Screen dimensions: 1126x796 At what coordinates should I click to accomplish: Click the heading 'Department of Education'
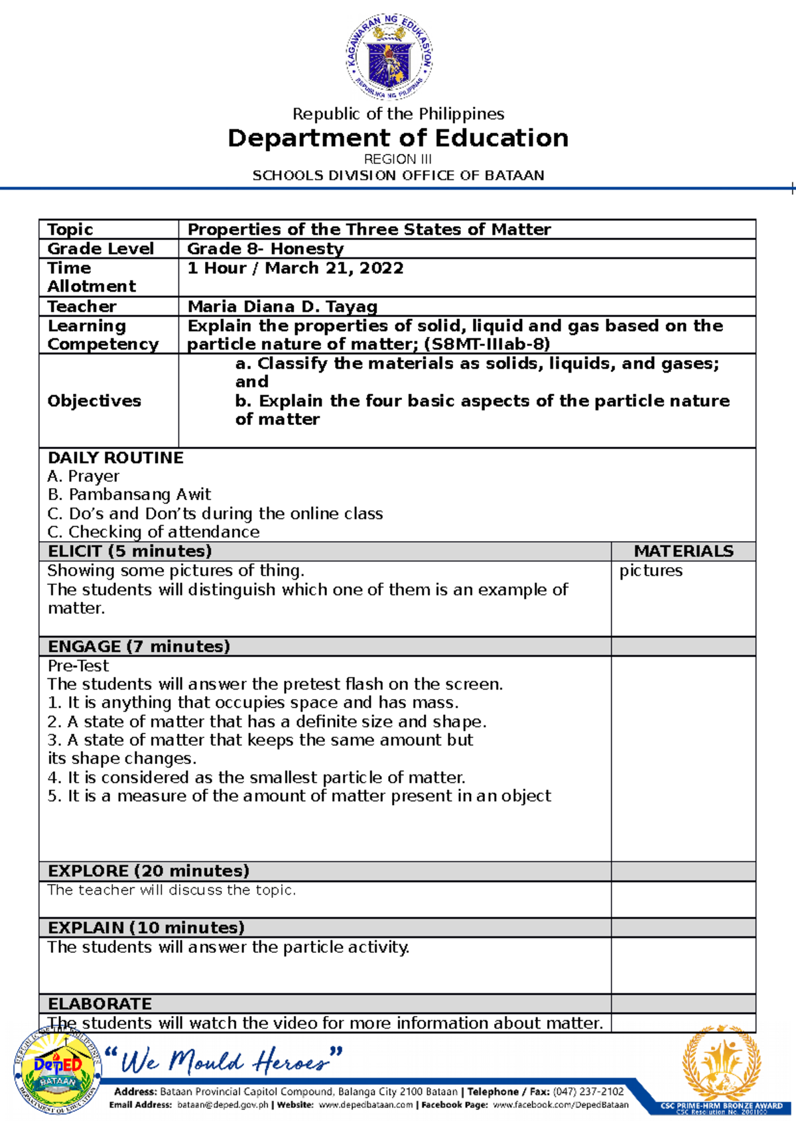tap(398, 138)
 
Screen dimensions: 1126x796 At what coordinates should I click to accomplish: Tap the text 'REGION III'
tap(398, 159)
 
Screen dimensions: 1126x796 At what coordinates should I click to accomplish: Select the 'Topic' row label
tap(70, 229)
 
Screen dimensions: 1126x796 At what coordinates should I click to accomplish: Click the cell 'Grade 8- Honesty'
tap(265, 249)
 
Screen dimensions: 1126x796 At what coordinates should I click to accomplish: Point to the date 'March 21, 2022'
tap(334, 268)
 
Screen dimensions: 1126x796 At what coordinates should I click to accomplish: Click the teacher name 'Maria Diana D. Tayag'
tap(283, 306)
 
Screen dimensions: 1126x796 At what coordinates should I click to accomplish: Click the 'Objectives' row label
tap(94, 401)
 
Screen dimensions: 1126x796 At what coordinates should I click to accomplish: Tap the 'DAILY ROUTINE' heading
tap(115, 458)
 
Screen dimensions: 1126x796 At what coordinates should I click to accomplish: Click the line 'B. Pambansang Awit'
tap(129, 494)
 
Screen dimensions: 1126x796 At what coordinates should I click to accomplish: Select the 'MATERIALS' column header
tap(683, 551)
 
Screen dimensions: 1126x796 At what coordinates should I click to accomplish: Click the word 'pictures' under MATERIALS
tap(651, 570)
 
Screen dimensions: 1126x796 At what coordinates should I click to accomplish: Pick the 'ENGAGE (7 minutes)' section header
tap(139, 647)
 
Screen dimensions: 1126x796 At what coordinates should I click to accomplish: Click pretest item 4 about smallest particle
tap(257, 777)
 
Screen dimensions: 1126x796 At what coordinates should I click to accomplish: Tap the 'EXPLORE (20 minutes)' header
tap(149, 871)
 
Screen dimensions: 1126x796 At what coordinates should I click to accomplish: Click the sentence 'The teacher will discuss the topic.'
tap(171, 890)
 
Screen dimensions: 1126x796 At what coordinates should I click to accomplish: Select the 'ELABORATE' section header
tap(100, 1003)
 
